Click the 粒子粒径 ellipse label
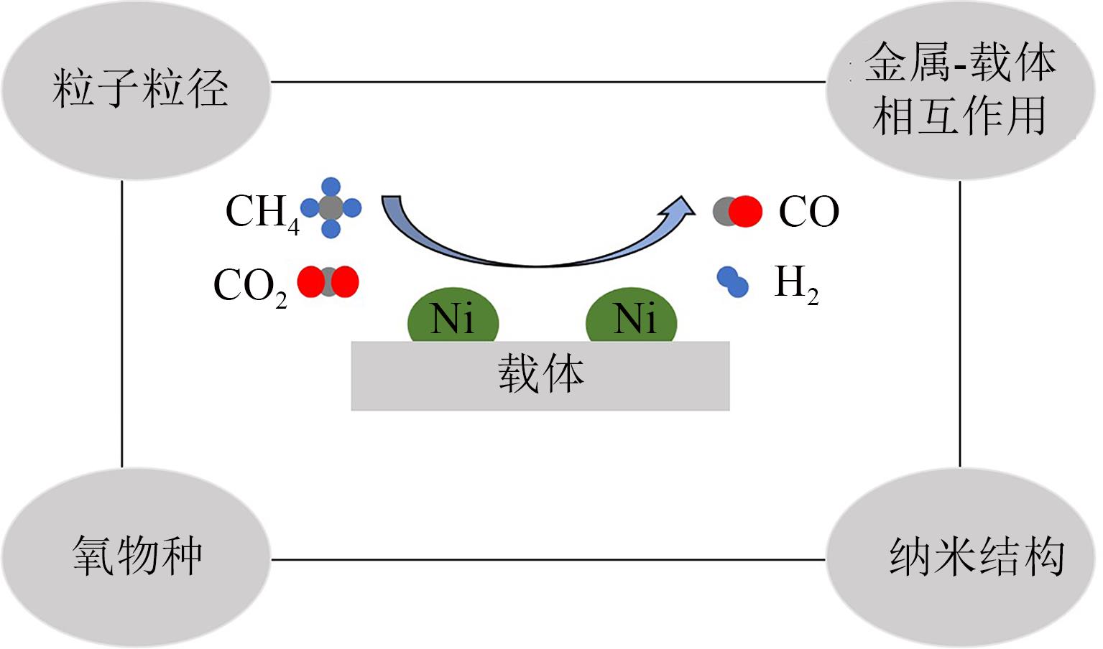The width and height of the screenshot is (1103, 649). [x=139, y=89]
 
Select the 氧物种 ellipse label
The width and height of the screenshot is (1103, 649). [x=137, y=556]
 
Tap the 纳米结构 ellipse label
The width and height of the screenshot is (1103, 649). [x=976, y=556]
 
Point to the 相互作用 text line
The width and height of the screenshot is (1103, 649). [x=959, y=116]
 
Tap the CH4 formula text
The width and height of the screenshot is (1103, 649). [x=262, y=213]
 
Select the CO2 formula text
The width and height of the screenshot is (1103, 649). [x=249, y=286]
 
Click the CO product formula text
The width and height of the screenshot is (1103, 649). [x=808, y=213]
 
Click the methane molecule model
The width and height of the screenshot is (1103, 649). [x=331, y=208]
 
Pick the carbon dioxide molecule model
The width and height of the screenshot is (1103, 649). [x=328, y=282]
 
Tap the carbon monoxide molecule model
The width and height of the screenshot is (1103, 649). [x=737, y=212]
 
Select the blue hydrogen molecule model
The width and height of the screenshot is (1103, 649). [x=733, y=281]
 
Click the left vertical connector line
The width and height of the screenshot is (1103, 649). [x=122, y=323]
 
